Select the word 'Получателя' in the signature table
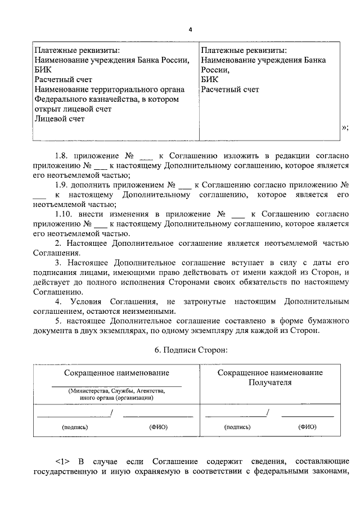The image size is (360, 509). click(x=271, y=382)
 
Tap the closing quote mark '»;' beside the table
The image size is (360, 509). click(x=345, y=128)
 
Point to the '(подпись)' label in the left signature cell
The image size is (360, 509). click(x=75, y=427)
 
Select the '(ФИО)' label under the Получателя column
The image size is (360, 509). click(x=307, y=427)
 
